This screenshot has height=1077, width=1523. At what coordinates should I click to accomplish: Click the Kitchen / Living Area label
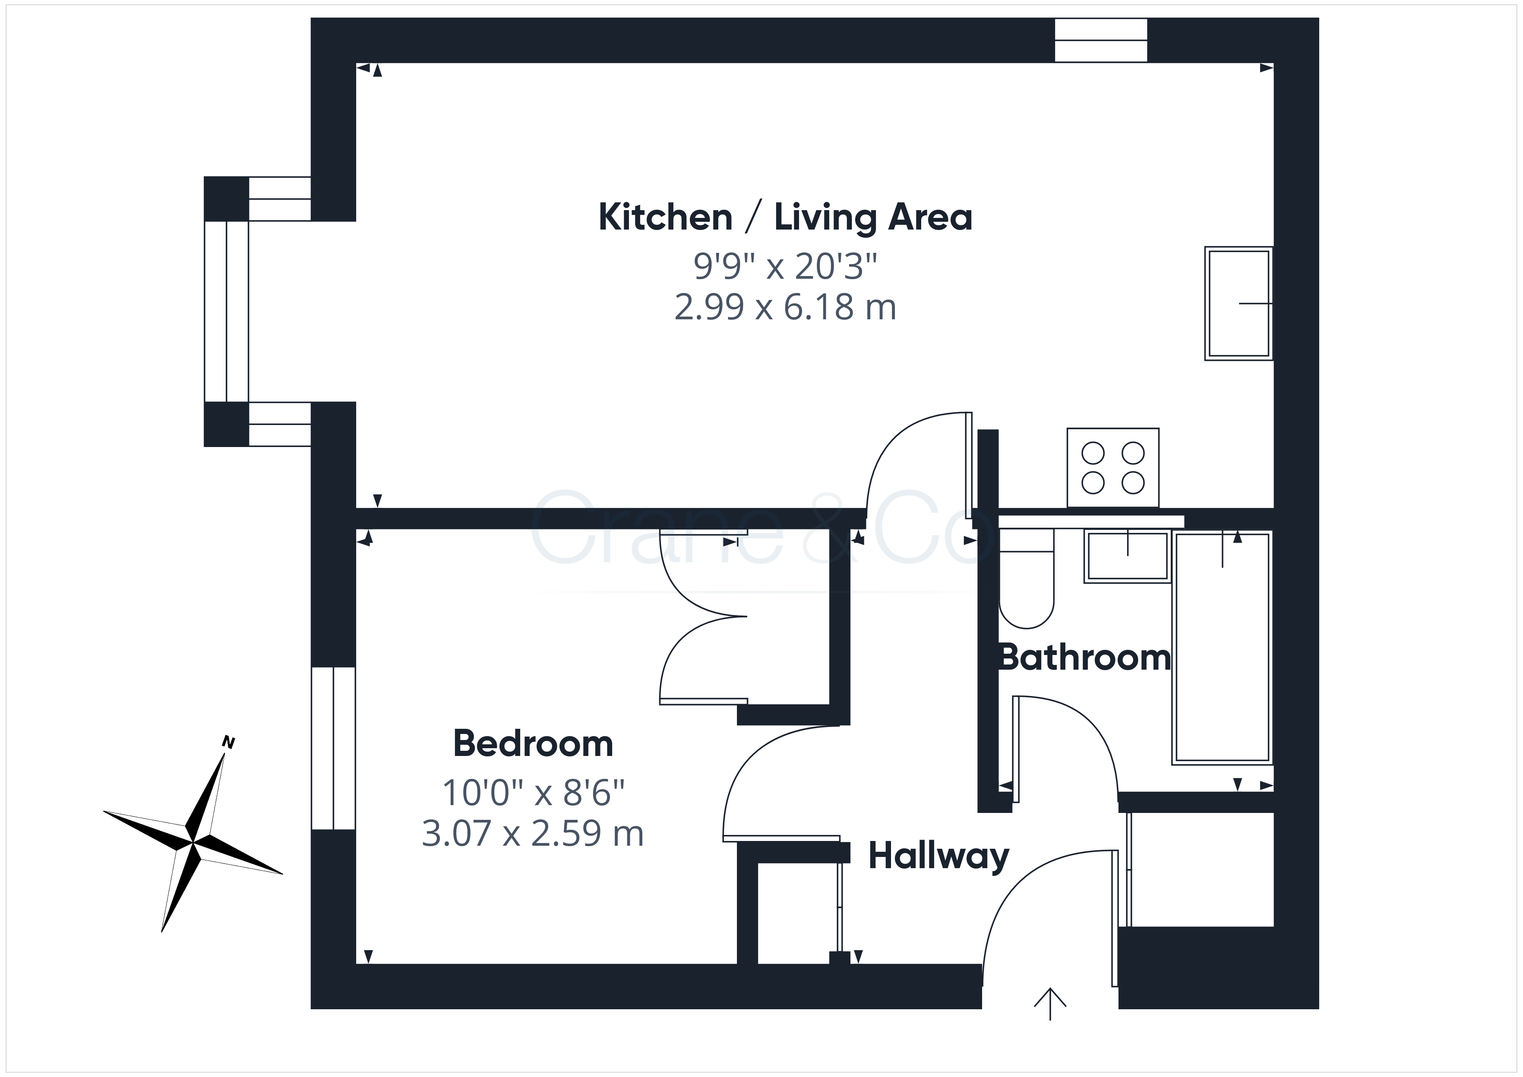(x=785, y=217)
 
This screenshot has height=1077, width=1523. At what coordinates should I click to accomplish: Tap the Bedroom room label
(x=533, y=743)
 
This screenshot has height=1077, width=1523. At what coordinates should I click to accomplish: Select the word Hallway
(x=938, y=857)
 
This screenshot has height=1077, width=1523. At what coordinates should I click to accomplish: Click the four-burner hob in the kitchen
(x=1113, y=468)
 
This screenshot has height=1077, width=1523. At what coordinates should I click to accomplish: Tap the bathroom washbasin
(x=1127, y=556)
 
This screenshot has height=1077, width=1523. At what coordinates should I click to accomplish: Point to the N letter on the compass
(x=228, y=742)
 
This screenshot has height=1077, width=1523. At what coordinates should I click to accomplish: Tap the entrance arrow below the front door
(x=1050, y=1003)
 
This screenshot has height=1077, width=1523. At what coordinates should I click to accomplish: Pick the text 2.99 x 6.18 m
(x=785, y=307)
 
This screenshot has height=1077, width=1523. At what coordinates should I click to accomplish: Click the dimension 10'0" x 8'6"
(x=533, y=793)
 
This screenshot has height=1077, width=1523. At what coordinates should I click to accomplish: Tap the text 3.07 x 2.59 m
(x=533, y=834)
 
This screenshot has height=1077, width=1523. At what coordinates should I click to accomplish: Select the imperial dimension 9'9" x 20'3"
(x=785, y=266)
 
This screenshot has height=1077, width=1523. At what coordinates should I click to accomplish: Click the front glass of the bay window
(x=226, y=311)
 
